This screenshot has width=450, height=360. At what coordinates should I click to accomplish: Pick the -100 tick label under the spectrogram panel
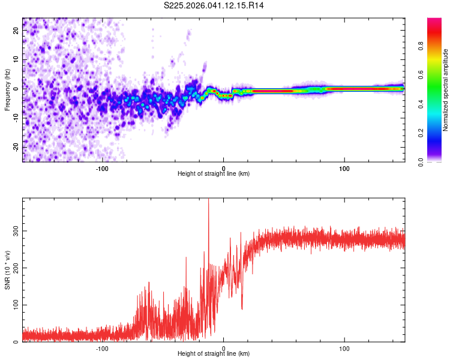[x=102, y=168]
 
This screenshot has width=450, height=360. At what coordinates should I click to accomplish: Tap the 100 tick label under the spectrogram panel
[x=344, y=168]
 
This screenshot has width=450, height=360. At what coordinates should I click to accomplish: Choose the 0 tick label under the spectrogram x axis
[x=223, y=168]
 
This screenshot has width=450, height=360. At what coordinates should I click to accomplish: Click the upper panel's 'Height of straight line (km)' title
[x=214, y=174]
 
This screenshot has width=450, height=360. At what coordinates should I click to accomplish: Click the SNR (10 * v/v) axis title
[x=7, y=270]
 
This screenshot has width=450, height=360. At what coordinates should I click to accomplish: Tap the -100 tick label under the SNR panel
[x=102, y=348]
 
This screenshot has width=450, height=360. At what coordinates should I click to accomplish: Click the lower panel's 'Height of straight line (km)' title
[x=214, y=354]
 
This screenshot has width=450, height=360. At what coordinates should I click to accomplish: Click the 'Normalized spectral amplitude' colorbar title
[x=445, y=90]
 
